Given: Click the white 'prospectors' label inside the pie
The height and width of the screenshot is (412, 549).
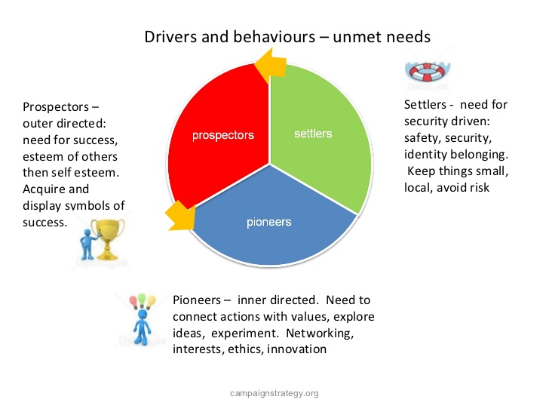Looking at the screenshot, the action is pos(223,136).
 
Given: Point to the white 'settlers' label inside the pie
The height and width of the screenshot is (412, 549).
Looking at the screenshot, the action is pos(313,134).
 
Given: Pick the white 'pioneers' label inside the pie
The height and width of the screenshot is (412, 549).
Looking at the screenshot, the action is pos(269,222).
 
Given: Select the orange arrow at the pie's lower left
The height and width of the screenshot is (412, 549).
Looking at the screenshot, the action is pos(181,216).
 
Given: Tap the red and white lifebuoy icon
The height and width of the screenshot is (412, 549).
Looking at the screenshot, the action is pos(428,72).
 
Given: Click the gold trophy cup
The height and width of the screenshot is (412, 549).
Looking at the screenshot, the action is pos(108,239).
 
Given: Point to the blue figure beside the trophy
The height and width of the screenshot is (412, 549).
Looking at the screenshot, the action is pos(88,244).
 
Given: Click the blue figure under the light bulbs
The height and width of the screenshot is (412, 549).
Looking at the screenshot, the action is pos(142,327).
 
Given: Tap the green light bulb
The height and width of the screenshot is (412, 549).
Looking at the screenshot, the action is pos(142,300).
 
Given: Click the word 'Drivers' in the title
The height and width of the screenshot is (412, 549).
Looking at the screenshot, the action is pos(170,37).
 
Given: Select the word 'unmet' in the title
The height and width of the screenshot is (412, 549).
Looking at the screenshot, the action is pos(354,37).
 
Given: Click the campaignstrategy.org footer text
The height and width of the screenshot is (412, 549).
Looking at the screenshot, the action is pos(274,393).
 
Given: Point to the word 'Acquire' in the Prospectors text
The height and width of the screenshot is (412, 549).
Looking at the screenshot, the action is pos(44,189).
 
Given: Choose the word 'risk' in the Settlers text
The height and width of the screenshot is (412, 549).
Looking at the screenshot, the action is pos(480,187).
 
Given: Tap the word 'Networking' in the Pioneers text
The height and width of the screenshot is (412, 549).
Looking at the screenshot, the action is pos(320,334).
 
